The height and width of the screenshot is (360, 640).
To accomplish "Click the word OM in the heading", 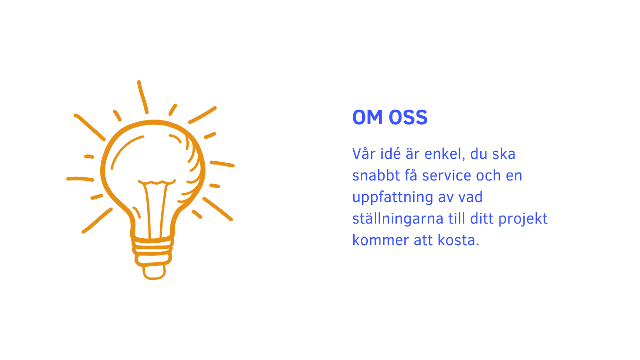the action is [x=367, y=117].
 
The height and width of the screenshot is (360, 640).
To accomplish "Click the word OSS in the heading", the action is [x=408, y=117].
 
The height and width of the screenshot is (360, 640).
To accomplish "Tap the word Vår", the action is [x=364, y=153].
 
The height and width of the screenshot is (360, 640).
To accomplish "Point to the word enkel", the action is [x=445, y=154].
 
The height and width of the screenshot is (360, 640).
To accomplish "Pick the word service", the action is [x=447, y=175].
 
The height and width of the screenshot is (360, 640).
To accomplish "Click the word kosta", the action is [x=456, y=240].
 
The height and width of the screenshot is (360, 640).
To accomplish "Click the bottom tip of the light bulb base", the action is [x=154, y=278].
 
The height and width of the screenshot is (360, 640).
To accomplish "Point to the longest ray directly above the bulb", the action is [x=143, y=97].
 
